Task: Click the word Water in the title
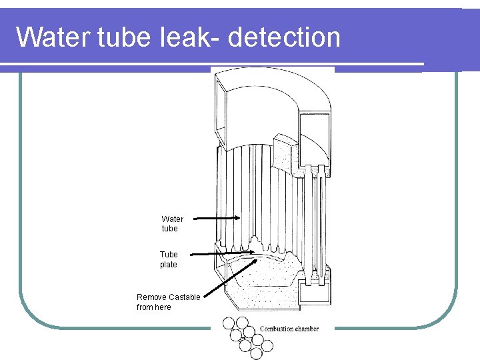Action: click(50, 37)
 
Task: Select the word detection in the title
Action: click(284, 37)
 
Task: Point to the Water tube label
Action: click(172, 223)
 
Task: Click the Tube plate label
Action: click(169, 259)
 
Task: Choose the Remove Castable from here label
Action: click(168, 302)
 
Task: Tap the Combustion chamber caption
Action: click(289, 329)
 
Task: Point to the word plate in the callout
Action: click(169, 265)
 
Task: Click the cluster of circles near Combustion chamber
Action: click(247, 335)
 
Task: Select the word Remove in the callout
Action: click(151, 297)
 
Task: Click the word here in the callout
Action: click(163, 307)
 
